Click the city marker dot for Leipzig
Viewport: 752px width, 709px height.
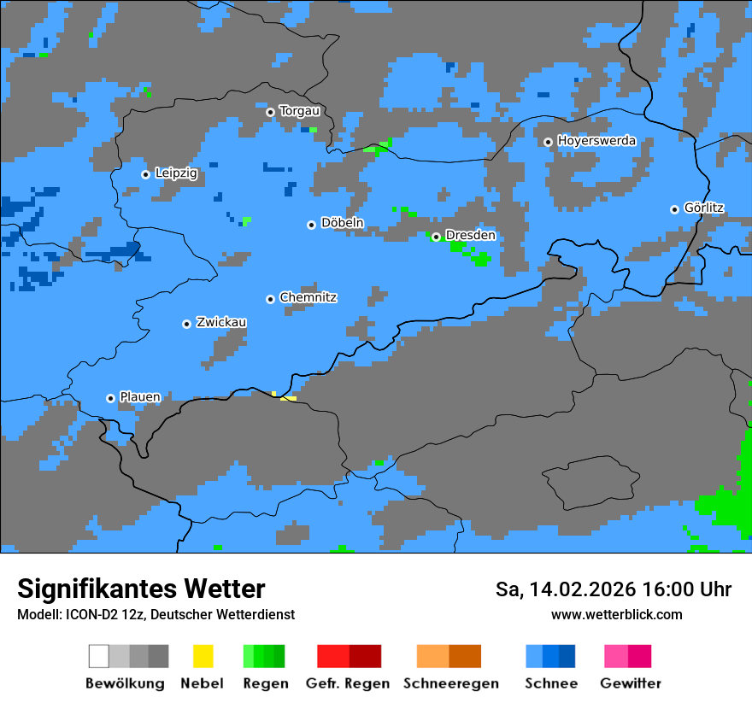[145, 174]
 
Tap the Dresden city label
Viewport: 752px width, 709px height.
[470, 235]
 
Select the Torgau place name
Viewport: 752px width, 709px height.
[299, 111]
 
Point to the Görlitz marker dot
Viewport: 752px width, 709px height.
[674, 209]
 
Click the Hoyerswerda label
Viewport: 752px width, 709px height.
[596, 141]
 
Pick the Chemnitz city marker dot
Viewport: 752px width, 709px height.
[270, 299]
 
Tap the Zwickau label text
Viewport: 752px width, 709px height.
[221, 323]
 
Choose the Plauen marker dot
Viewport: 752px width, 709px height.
[110, 398]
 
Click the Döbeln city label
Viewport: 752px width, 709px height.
[342, 224]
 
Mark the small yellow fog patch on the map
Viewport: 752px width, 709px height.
[288, 397]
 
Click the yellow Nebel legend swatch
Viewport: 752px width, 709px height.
[203, 656]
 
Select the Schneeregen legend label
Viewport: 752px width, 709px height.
[450, 683]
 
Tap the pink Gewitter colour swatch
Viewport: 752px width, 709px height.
[616, 656]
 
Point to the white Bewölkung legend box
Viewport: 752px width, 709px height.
[99, 656]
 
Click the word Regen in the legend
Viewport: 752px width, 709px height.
[264, 683]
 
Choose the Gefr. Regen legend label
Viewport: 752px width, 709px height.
[348, 683]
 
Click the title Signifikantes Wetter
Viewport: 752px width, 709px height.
[141, 589]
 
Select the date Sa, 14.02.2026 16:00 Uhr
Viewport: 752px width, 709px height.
[613, 589]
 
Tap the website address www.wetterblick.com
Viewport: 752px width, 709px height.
[616, 614]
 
